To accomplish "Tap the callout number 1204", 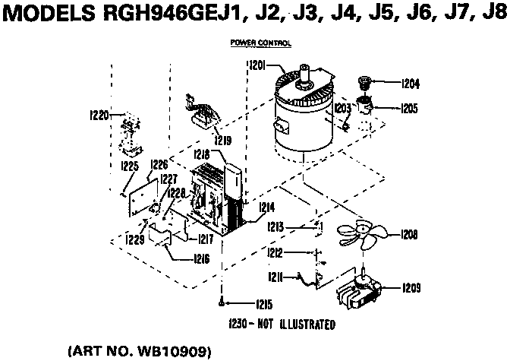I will pyautogui.click(x=410, y=83).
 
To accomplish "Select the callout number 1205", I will pyautogui.click(x=410, y=108).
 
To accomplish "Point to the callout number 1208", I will pyautogui.click(x=409, y=235).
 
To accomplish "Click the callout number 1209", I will pyautogui.click(x=410, y=288).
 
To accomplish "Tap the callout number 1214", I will pyautogui.click(x=266, y=206).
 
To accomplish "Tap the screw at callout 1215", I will pyautogui.click(x=220, y=303).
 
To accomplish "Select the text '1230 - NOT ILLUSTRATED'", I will pyautogui.click(x=281, y=324).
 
